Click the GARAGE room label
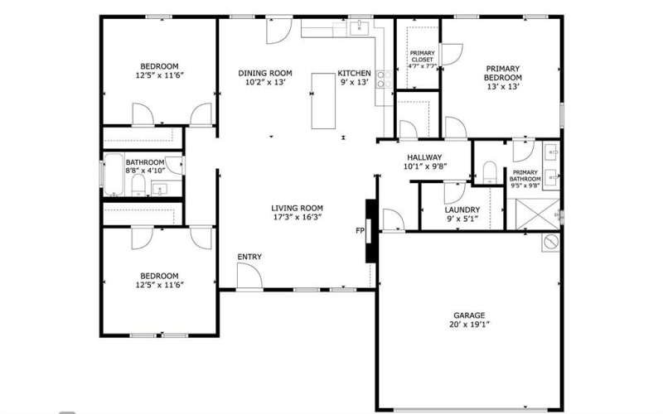pyautogui.click(x=469, y=315)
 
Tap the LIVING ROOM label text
pyautogui.click(x=297, y=208)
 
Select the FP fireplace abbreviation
pyautogui.click(x=360, y=230)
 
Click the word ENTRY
pyautogui.click(x=249, y=257)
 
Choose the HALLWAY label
pyautogui.click(x=423, y=156)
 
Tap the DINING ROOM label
pyautogui.click(x=265, y=72)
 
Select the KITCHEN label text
pyautogui.click(x=354, y=72)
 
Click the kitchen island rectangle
pyautogui.click(x=325, y=101)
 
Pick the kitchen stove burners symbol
pyautogui.click(x=385, y=79)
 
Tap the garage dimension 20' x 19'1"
pyautogui.click(x=469, y=325)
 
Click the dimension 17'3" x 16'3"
pyautogui.click(x=297, y=218)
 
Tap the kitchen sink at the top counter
pyautogui.click(x=359, y=29)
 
